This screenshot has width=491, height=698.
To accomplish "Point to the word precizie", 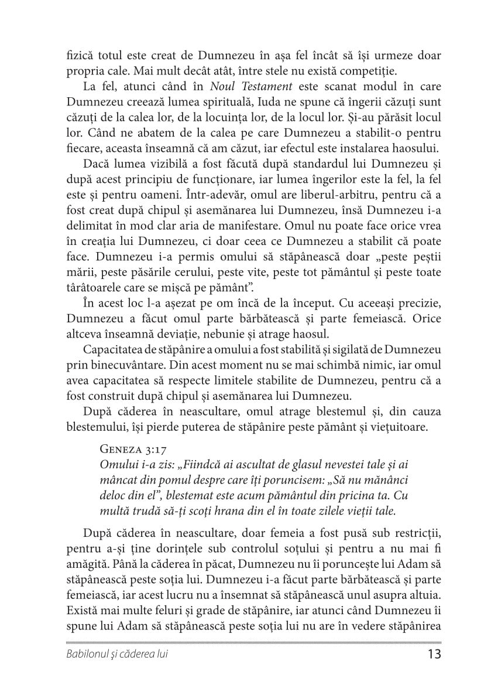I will [x=409, y=304].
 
